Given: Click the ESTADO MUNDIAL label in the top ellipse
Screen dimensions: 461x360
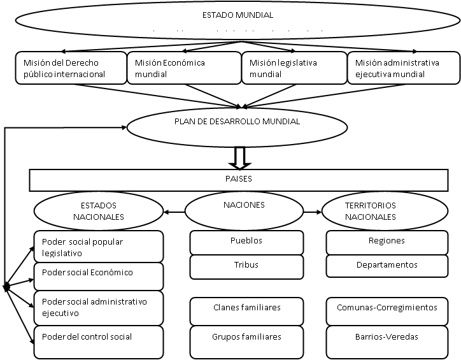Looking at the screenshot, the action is pyautogui.click(x=238, y=15).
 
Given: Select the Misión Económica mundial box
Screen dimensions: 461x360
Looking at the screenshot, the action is pyautogui.click(x=184, y=68).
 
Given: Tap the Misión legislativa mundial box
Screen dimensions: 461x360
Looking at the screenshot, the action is pyautogui.click(x=294, y=68).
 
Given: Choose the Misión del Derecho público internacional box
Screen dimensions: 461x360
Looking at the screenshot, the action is pyautogui.click(x=71, y=68).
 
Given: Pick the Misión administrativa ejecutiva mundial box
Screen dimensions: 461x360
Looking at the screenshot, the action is pyautogui.click(x=404, y=68).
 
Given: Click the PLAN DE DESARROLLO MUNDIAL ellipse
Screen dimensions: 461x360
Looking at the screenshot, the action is pyautogui.click(x=237, y=127).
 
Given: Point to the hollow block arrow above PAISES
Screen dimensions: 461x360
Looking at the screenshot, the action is pyautogui.click(x=240, y=158).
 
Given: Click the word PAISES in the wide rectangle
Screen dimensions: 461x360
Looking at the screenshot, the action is pyautogui.click(x=238, y=179).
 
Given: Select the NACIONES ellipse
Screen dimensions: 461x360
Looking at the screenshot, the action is pyautogui.click(x=244, y=211).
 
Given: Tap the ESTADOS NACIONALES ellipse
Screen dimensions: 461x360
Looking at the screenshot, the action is pyautogui.click(x=99, y=211).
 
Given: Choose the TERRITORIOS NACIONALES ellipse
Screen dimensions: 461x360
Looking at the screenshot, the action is pyautogui.click(x=385, y=211).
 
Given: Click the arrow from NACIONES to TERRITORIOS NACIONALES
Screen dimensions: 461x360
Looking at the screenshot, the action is pyautogui.click(x=313, y=212).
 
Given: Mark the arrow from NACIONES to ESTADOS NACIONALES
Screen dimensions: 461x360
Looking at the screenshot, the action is pyautogui.click(x=174, y=212).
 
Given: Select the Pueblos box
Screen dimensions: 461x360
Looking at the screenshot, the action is pyautogui.click(x=246, y=243).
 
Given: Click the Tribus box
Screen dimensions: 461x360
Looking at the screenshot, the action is pyautogui.click(x=246, y=267).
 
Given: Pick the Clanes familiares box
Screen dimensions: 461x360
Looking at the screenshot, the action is pyautogui.click(x=246, y=311).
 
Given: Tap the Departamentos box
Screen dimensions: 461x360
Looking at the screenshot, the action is pyautogui.click(x=387, y=266).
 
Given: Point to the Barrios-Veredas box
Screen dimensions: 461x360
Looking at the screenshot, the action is pyautogui.click(x=387, y=342).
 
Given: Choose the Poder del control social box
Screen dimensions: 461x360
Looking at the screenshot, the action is pyautogui.click(x=99, y=342).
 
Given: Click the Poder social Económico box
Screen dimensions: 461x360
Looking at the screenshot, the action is pyautogui.click(x=99, y=277).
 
